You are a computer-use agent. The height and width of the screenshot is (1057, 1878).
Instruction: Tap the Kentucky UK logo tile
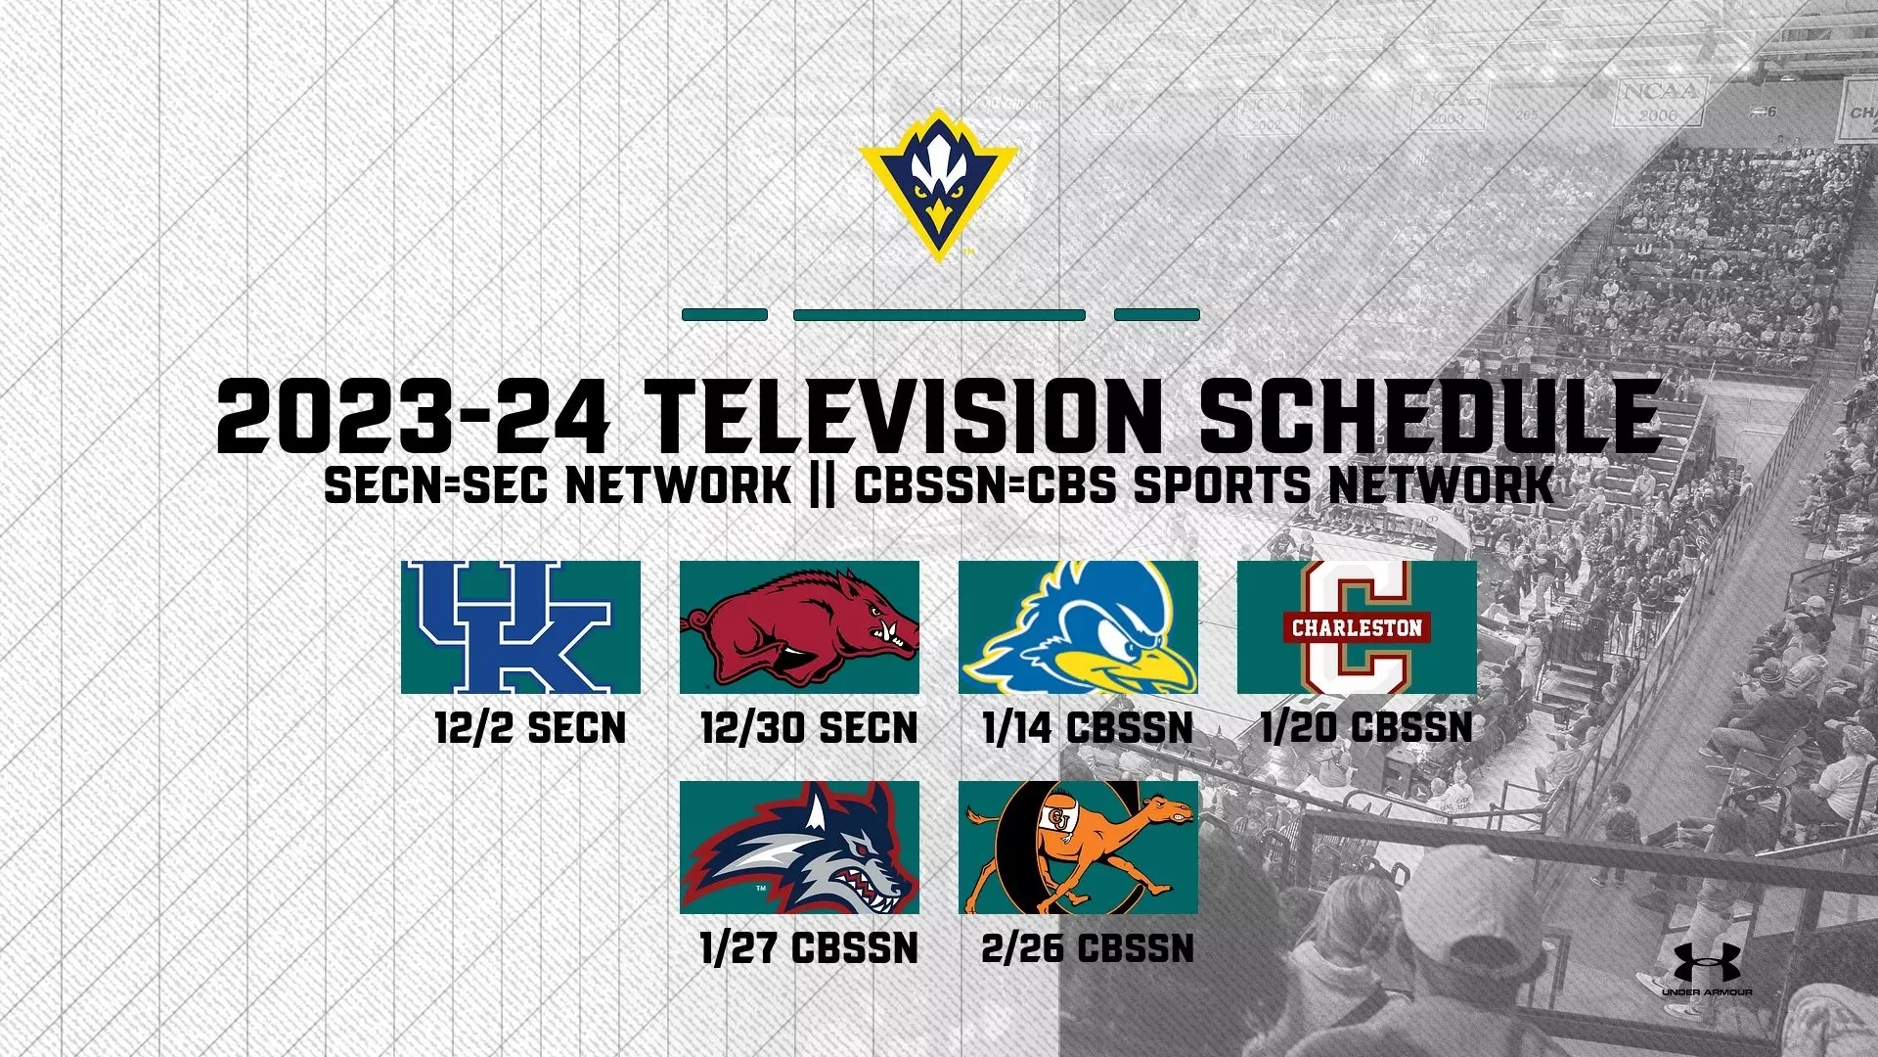coord(520,627)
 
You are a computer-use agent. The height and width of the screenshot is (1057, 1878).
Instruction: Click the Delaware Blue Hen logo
coord(1078,627)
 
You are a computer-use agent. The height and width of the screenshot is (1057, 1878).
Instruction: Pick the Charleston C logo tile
coord(1357,627)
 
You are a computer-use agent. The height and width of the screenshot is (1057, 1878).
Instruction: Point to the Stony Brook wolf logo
coord(799,848)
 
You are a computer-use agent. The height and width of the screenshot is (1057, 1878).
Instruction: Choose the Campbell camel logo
coord(1078,848)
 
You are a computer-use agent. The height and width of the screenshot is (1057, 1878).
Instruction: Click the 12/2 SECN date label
coord(530,728)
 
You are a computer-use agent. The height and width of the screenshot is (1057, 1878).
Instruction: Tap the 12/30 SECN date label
coord(809,728)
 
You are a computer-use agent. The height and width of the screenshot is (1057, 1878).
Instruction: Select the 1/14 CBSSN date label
coord(1088,728)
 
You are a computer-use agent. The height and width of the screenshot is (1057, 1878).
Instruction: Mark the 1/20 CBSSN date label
coord(1366,727)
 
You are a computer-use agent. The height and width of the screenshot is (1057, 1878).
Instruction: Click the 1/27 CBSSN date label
coord(809,948)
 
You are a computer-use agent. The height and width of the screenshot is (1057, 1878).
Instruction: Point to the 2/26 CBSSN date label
coord(1088,948)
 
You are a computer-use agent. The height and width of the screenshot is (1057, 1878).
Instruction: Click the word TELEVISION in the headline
coord(905,415)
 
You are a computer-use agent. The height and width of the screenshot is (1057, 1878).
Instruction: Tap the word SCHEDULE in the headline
coord(1429,415)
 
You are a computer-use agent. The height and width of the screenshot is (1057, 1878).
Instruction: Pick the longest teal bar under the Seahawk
coord(939,315)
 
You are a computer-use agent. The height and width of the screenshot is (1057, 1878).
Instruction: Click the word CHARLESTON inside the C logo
coord(1357,627)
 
